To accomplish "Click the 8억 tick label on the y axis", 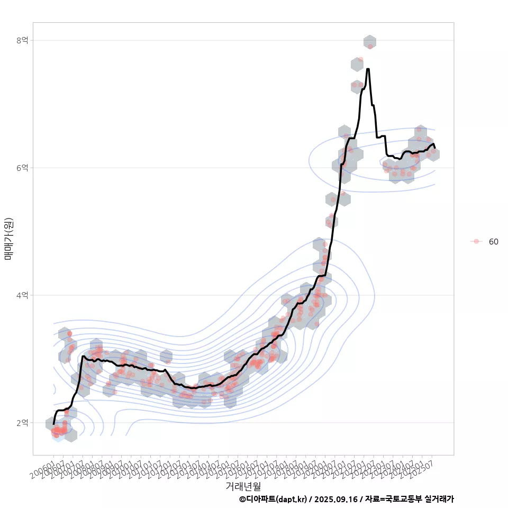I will pos(22,40).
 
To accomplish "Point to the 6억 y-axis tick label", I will pos(22,168).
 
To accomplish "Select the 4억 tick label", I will pos(22,295).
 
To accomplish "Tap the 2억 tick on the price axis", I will pos(22,423).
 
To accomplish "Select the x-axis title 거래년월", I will pos(243,486).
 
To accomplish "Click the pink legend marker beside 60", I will pos(476,241).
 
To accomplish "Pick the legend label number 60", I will pos(493,242).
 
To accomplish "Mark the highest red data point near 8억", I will pos(370,47).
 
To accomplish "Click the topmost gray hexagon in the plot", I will pos(370,41).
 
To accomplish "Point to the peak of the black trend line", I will pos(368,69).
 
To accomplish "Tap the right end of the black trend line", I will pos(435,148).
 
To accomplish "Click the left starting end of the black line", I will pos(53,423).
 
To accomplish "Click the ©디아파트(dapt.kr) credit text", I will pos(273,499).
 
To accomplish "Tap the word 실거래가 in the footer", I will pos(439,499).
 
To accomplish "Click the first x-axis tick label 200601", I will pos(43,469).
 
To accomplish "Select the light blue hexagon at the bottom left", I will pos(58,436).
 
